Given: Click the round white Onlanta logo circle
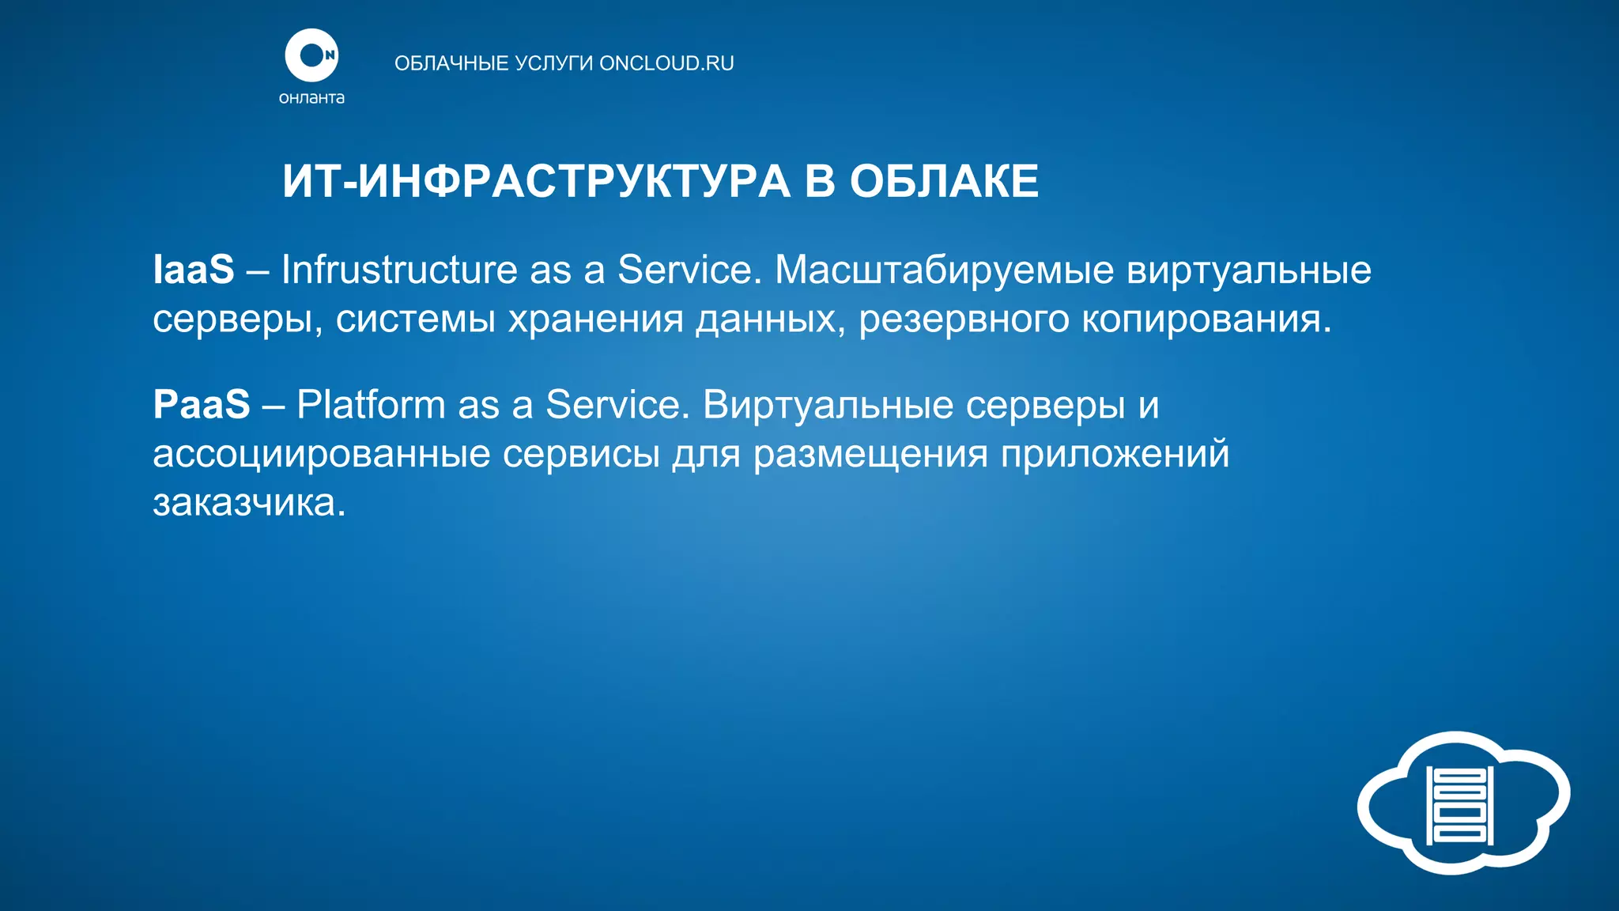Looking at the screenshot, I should coord(311,55).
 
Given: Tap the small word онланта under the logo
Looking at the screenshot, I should coord(311,98).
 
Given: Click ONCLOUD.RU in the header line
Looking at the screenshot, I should coord(666,63).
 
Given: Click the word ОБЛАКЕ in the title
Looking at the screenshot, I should coord(944,181).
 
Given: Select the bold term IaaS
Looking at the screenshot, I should coord(194,270).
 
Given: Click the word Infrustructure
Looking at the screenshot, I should coord(398,270).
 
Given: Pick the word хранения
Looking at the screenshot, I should coord(595,319).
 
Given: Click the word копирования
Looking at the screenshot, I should coord(1206,319).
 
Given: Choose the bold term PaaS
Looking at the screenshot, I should coord(202,405).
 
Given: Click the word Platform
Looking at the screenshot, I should coord(371,405).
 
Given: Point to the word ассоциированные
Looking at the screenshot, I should coord(322,454).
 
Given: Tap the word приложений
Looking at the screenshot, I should coord(1115,454).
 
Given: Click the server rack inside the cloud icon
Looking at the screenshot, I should coord(1459,804).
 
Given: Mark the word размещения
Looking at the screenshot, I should coord(870,454).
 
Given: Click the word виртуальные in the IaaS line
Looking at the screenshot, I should coord(1248,270).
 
